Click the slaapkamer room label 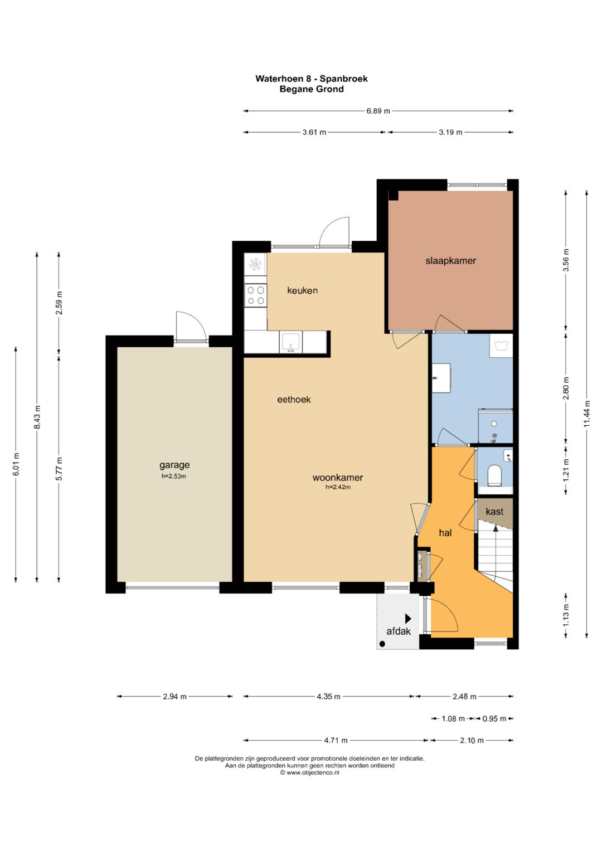450,261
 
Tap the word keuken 302,290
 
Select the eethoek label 294,400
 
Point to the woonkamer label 337,478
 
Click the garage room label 174,465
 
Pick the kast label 494,512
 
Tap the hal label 445,533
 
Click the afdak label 399,631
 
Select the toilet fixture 494,475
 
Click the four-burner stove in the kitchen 255,295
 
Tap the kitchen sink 291,342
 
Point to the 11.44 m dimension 587,414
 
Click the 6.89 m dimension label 378,111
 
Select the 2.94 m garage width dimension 175,697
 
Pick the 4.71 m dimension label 336,740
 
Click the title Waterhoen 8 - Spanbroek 312,79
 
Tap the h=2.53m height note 174,476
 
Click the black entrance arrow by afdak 408,619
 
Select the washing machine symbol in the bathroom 501,346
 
